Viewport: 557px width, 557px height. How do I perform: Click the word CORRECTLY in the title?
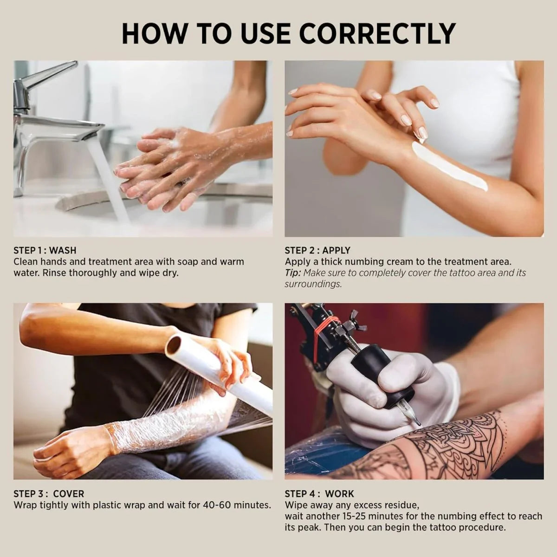coord(377,33)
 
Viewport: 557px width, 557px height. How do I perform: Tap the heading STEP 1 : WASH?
coord(45,251)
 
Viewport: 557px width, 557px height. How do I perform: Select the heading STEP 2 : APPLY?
coord(317,251)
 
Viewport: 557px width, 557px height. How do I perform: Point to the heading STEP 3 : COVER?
coord(49,493)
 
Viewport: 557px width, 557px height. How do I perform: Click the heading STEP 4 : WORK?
coord(319,493)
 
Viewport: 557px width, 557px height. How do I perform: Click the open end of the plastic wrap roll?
coord(174,345)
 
